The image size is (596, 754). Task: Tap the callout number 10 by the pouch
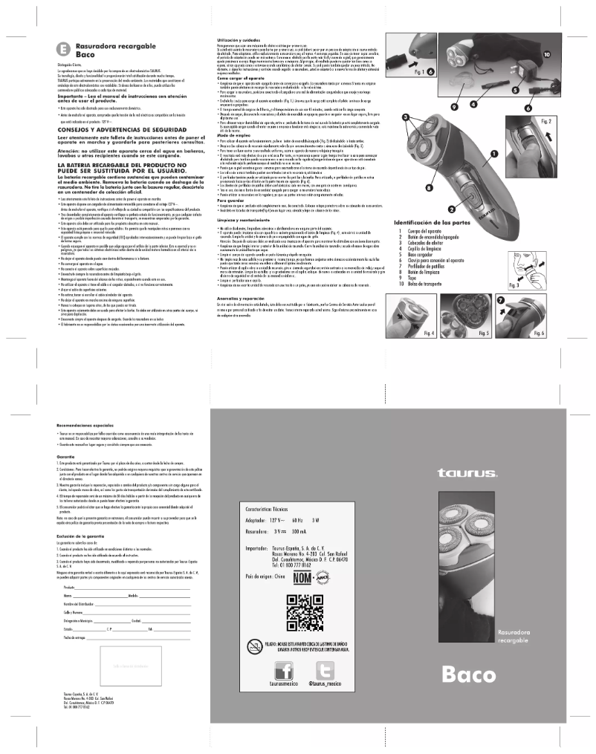546,54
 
